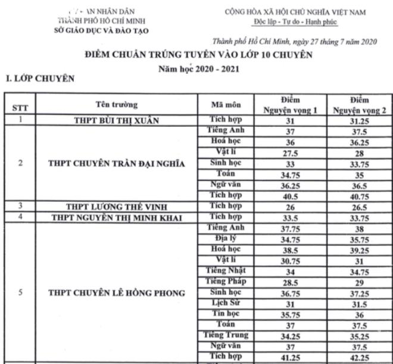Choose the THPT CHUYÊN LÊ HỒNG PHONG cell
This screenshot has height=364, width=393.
point(116,293)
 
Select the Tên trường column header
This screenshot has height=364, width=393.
point(116,105)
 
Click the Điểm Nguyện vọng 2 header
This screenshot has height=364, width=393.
point(360,105)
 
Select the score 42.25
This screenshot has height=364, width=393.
point(360,357)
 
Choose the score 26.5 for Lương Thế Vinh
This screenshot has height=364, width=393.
point(360,206)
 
